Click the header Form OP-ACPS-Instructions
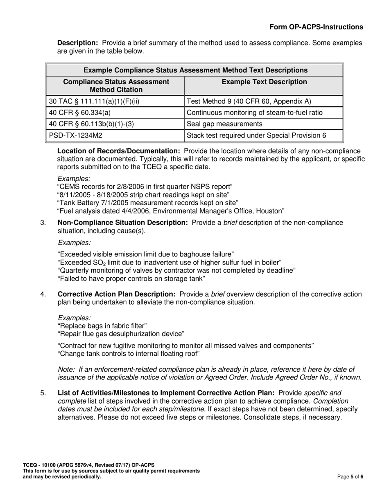click(x=316, y=27)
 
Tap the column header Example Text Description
click(x=264, y=82)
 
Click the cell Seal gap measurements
click(x=224, y=124)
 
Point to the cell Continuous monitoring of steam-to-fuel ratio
click(x=254, y=112)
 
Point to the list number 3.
click(x=43, y=223)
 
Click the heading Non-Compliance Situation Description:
click(x=123, y=223)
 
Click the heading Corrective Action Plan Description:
click(x=117, y=294)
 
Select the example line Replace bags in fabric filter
click(x=102, y=326)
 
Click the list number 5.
click(x=43, y=393)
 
